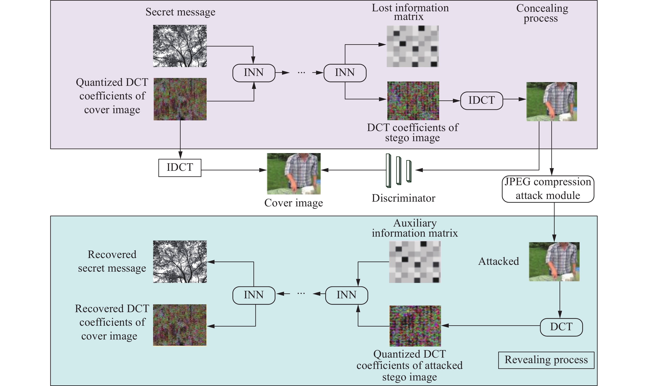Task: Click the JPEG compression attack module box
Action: point(548,189)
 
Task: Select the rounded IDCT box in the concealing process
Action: point(482,100)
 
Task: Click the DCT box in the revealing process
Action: point(561,327)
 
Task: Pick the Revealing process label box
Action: point(546,360)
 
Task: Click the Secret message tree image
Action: point(180,46)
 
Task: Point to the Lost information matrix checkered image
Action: point(413,46)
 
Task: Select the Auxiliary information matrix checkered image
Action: point(415,262)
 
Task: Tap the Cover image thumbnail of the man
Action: point(294,173)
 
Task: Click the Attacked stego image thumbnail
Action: point(554,262)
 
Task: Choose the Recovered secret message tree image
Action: point(180,262)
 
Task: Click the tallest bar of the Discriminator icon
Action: point(388,171)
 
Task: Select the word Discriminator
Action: point(403,198)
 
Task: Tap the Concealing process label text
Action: point(542,13)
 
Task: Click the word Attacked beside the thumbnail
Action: point(498,261)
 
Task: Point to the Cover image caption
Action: point(294,203)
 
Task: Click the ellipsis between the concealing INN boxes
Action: point(301,73)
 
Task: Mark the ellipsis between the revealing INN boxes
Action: point(301,294)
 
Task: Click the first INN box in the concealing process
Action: point(254,73)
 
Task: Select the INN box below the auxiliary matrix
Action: point(347,295)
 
